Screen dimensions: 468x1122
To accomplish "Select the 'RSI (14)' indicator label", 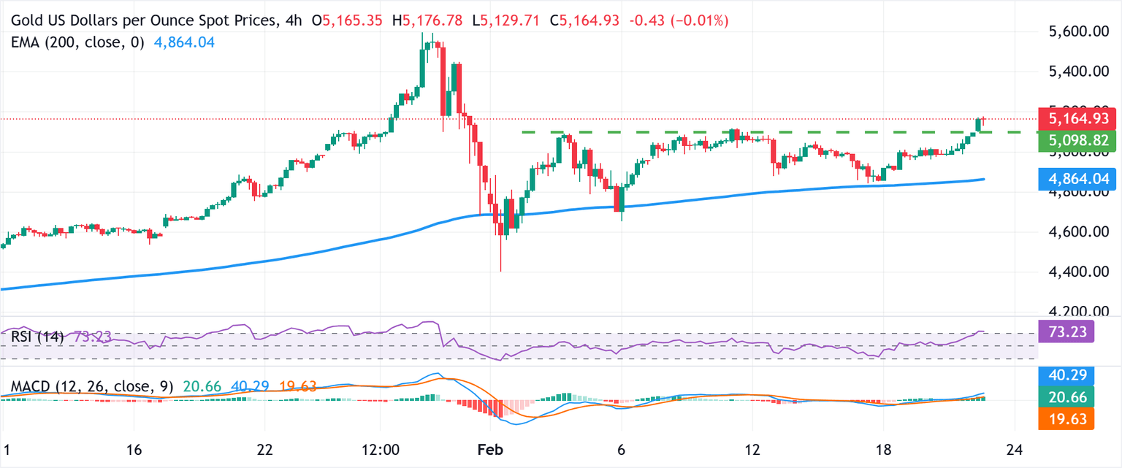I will click(37, 337).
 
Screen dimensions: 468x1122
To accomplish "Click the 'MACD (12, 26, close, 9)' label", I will click(92, 387).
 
